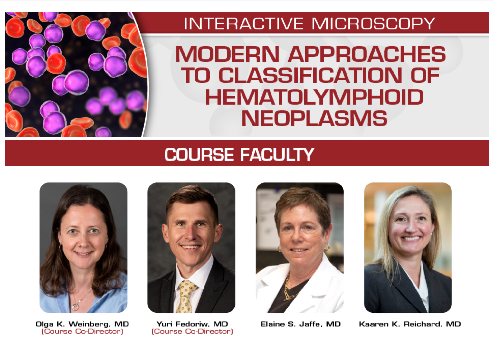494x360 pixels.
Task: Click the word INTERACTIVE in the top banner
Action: coord(244,24)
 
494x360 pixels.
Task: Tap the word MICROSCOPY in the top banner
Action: coord(373,24)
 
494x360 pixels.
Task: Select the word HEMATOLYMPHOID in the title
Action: coord(314,97)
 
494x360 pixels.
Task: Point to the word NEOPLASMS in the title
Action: coord(314,118)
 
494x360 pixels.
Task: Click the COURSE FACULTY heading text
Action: coord(239,155)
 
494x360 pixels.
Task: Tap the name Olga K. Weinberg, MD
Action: coord(82,324)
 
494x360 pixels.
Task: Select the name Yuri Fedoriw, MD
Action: coord(192,324)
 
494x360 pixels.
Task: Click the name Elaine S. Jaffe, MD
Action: coord(300,324)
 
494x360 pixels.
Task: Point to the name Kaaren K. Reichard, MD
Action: coord(410,324)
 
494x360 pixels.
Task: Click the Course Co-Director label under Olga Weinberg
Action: coord(82,331)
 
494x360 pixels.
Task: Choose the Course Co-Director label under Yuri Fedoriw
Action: coord(192,331)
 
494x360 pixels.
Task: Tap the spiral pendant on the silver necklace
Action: coord(75,307)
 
